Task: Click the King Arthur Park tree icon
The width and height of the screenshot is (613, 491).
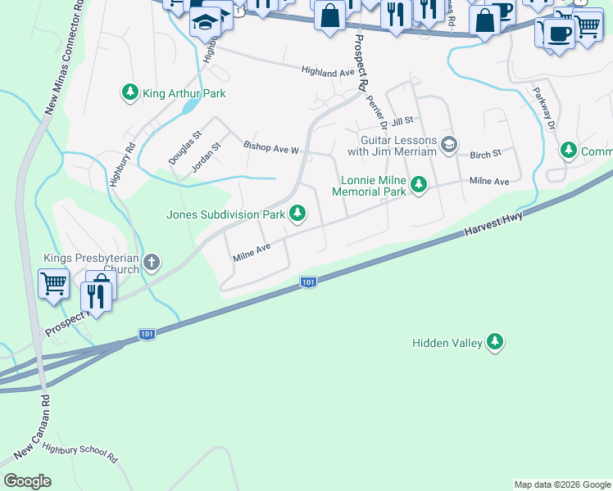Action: (129, 93)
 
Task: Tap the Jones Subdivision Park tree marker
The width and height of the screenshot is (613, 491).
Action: (297, 214)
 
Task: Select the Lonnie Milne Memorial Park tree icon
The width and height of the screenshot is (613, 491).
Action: (419, 185)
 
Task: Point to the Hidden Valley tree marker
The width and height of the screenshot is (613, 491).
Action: (494, 342)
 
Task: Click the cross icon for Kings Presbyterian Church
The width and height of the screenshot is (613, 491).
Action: (150, 263)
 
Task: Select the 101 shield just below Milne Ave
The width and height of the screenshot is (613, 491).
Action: (307, 282)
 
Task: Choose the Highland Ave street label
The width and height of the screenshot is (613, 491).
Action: (327, 73)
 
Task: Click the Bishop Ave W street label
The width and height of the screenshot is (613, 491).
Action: (271, 147)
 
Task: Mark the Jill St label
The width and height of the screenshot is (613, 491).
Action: (401, 122)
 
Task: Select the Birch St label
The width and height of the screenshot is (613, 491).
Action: (485, 154)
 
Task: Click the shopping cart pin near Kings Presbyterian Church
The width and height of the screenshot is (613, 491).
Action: (53, 284)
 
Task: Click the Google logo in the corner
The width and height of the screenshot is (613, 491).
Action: (27, 481)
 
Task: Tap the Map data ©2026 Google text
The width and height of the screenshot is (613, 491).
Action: (562, 484)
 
